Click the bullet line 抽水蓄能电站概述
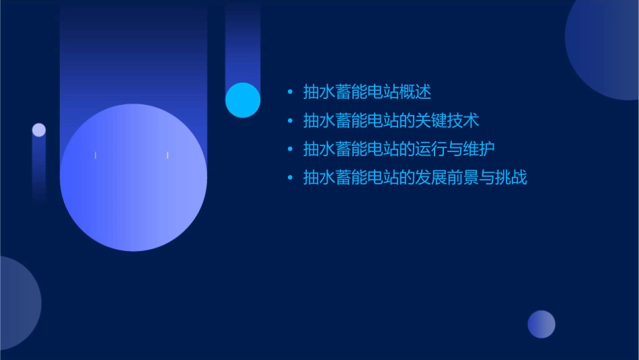(x=367, y=92)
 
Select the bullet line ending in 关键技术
(x=391, y=120)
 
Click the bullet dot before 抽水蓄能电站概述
(x=290, y=92)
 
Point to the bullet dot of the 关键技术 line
(x=290, y=121)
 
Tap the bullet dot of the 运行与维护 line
(x=290, y=149)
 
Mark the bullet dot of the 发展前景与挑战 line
(x=290, y=178)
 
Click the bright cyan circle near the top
(x=243, y=100)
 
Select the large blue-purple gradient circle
(x=133, y=178)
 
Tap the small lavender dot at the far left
(x=39, y=130)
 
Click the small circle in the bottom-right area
(x=541, y=324)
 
